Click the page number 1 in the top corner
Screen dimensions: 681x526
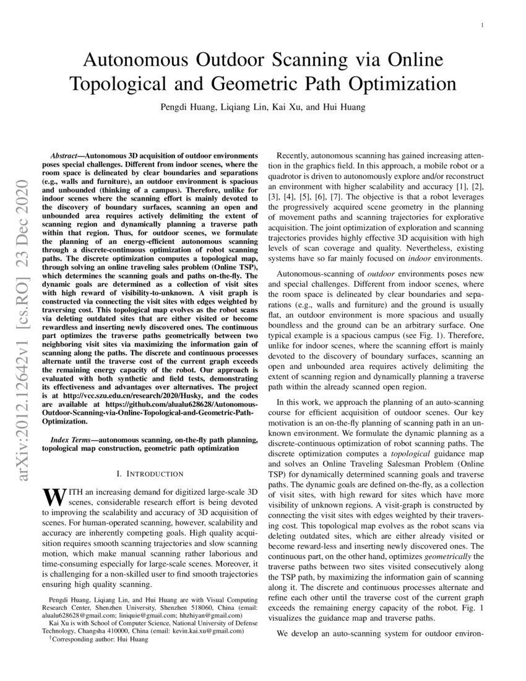(482, 25)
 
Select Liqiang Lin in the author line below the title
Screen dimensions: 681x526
(240, 107)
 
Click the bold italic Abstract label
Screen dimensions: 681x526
(66, 154)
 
